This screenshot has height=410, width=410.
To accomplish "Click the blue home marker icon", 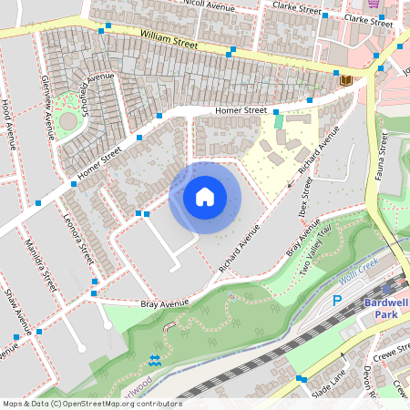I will (x=205, y=197).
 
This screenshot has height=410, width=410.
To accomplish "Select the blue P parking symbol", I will (x=336, y=301).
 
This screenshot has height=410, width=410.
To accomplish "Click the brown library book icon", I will (x=345, y=80).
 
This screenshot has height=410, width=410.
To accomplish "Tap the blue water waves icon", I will (x=154, y=360).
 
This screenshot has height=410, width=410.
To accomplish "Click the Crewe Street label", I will (x=389, y=355).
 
